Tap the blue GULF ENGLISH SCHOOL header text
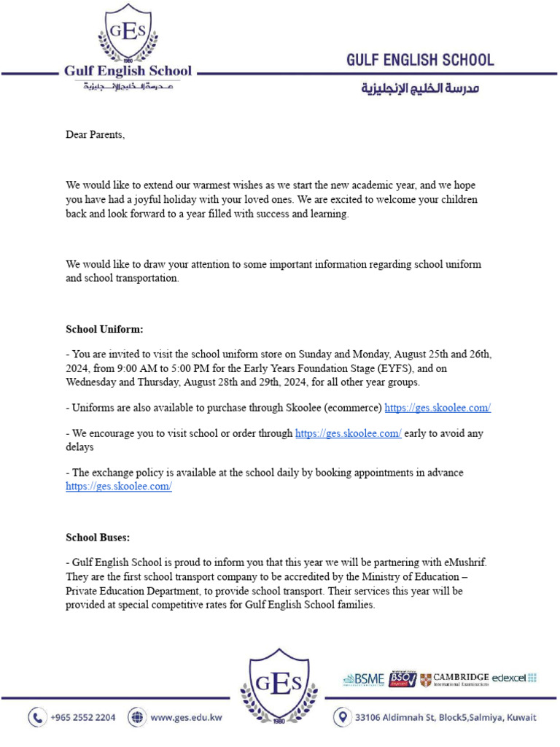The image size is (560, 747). (420, 60)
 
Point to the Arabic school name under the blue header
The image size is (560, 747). (421, 88)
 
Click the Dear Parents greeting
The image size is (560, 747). (96, 134)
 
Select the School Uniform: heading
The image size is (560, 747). (104, 329)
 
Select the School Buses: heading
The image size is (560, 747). (98, 538)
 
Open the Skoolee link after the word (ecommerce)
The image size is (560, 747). (437, 408)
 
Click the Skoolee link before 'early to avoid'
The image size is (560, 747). (348, 433)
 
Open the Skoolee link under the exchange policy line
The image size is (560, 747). (119, 487)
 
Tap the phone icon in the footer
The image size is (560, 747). (37, 717)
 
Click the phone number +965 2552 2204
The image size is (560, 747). (82, 717)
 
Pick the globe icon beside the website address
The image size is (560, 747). (136, 717)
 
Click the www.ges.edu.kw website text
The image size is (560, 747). (186, 717)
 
